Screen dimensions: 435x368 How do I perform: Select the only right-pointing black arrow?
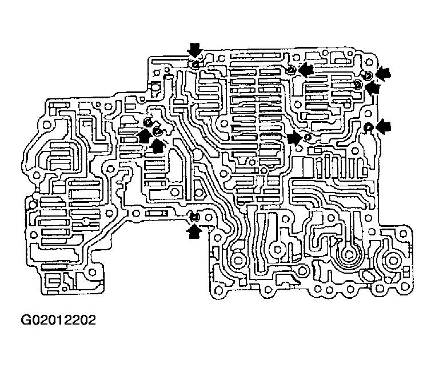pyautogui.click(x=294, y=138)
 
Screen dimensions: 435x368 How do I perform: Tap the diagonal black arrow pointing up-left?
pyautogui.click(x=372, y=88)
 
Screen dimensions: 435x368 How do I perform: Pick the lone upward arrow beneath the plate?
pyautogui.click(x=195, y=231)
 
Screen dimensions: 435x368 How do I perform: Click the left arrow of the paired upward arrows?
pyautogui.click(x=145, y=136)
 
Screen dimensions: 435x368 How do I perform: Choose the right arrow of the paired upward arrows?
pyautogui.click(x=157, y=145)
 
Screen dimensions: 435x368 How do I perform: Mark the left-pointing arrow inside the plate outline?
pyautogui.click(x=306, y=70)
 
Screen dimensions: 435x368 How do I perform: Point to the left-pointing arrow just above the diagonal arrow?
pyautogui.click(x=384, y=74)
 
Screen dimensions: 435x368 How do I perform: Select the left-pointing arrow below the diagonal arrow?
pyautogui.click(x=384, y=126)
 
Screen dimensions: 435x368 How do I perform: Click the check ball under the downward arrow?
pyautogui.click(x=195, y=65)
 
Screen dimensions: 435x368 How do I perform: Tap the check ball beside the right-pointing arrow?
pyautogui.click(x=308, y=137)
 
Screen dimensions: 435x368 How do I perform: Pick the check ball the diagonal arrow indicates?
pyautogui.click(x=358, y=84)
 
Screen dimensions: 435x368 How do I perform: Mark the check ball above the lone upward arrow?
pyautogui.click(x=194, y=217)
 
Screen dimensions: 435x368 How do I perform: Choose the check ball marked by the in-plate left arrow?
pyautogui.click(x=290, y=70)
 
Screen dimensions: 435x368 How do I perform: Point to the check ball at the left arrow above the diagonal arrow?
pyautogui.click(x=367, y=75)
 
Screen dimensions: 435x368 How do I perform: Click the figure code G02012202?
pyautogui.click(x=58, y=320)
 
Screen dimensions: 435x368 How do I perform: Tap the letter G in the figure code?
pyautogui.click(x=26, y=320)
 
